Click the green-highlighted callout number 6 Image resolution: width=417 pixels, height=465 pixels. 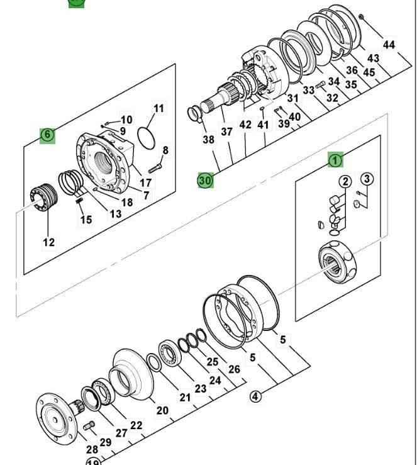(47, 135)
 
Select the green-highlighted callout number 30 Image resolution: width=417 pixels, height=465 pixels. (205, 181)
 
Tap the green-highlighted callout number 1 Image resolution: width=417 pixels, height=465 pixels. (335, 160)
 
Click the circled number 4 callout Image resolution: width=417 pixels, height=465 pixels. (255, 396)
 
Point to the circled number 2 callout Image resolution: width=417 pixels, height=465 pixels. (345, 181)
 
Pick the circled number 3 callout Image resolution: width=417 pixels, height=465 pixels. (367, 179)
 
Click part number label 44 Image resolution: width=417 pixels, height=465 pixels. (389, 45)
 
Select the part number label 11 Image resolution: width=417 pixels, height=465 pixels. (159, 108)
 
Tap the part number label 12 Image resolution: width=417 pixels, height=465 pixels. (49, 243)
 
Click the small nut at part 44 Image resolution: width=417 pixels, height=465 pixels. (361, 16)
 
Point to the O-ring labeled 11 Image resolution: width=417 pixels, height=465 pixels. (146, 138)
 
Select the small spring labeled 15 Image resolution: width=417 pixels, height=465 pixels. (79, 201)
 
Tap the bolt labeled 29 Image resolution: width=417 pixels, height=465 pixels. (89, 425)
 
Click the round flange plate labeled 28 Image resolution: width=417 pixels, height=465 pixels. (56, 418)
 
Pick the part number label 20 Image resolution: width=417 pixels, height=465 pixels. (162, 410)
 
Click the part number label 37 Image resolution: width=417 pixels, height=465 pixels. (226, 132)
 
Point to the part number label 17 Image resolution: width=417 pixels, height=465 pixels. (145, 183)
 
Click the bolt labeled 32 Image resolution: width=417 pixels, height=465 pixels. (320, 86)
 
